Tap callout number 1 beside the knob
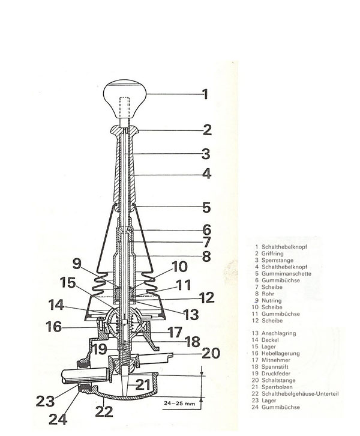coord(205,94)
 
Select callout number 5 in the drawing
coord(206,207)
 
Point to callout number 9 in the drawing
coord(77,264)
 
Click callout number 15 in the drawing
coord(68,282)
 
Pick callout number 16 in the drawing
coord(54,327)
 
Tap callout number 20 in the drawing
coord(211,353)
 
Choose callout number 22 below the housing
coord(104,412)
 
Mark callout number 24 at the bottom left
coord(58,419)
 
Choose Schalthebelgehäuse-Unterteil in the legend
coord(300,394)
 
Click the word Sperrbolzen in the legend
coord(277,387)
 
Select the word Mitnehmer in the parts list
coord(276,360)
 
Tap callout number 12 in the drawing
coord(206,297)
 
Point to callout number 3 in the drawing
coord(206,154)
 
